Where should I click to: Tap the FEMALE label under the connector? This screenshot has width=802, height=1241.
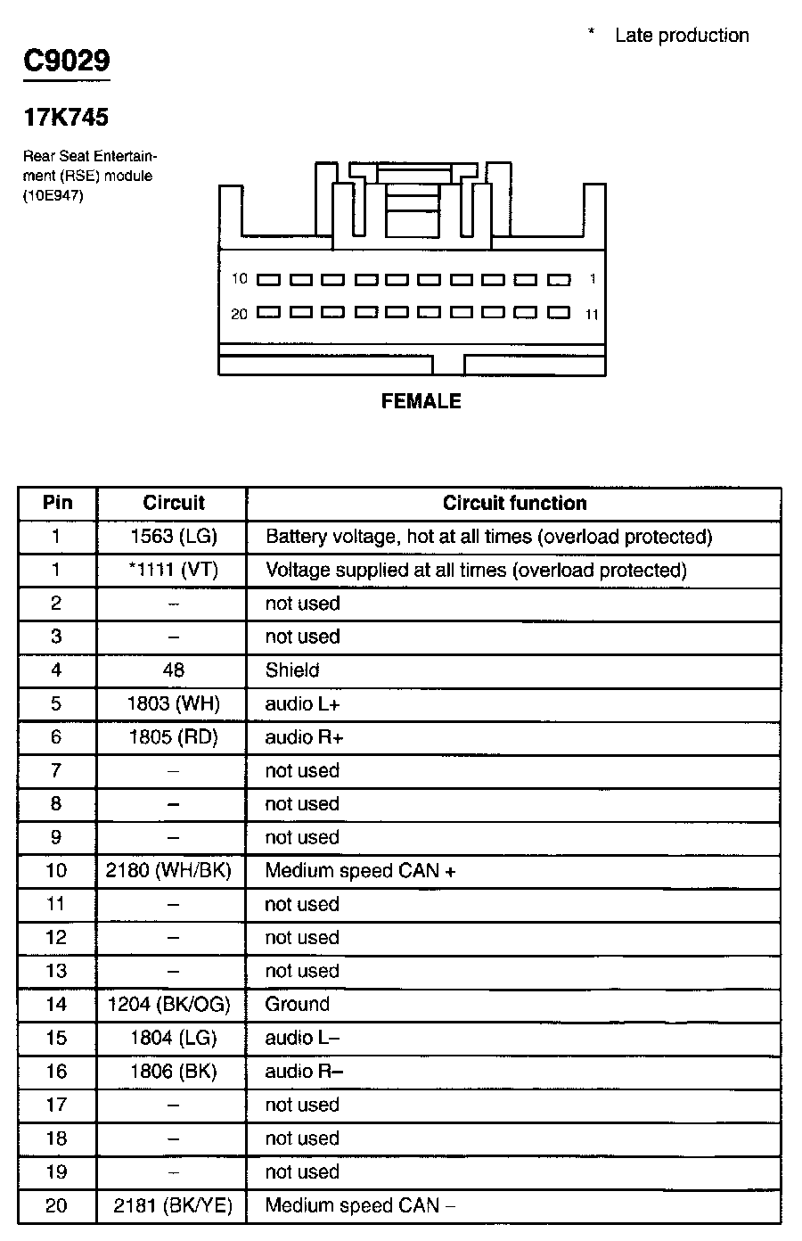(421, 402)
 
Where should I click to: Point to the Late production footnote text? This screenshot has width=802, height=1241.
(682, 36)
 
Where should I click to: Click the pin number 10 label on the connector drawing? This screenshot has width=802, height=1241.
(239, 279)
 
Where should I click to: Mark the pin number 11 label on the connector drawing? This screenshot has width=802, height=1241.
(593, 315)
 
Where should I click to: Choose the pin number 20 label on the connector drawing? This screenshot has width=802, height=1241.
(239, 314)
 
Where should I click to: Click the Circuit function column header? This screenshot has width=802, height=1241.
(514, 504)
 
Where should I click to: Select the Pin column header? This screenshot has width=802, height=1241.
(57, 503)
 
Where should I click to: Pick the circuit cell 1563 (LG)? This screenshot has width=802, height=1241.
(173, 537)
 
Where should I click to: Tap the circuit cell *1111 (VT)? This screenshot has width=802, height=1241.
(173, 571)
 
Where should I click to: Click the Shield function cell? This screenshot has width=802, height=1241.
(292, 670)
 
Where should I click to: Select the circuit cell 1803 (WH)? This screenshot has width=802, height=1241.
(173, 704)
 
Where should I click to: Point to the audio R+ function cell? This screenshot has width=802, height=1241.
(304, 737)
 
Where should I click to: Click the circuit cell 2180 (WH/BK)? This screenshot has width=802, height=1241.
(168, 871)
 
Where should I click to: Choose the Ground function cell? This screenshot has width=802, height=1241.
(298, 1005)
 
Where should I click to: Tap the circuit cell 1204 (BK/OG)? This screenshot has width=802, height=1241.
(168, 1005)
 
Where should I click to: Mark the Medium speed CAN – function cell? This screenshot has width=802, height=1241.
(360, 1206)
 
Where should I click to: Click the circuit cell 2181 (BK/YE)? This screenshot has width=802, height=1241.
(173, 1206)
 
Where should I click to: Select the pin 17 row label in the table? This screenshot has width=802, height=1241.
(56, 1105)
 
